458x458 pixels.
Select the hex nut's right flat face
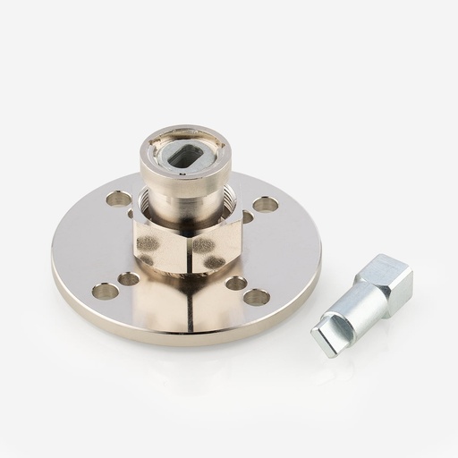tap(216, 244)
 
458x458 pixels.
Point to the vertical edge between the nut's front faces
tap(190, 250)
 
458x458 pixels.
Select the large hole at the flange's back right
tap(265, 204)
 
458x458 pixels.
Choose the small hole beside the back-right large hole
tap(248, 216)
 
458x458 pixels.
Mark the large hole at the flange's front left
tap(106, 291)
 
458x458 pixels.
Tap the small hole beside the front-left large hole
tap(129, 279)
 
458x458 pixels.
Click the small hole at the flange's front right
tap(236, 283)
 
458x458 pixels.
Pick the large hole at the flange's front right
tap(257, 297)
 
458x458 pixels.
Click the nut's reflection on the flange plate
tap(190, 300)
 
